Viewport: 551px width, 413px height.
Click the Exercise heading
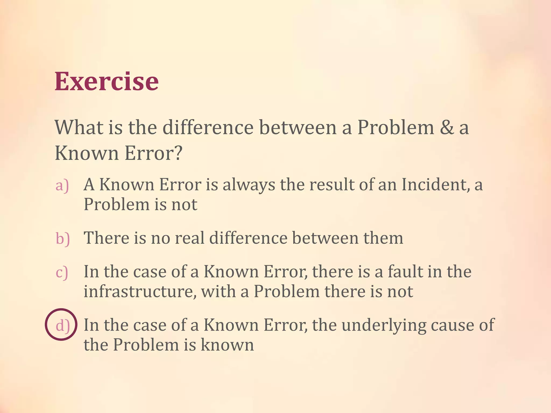click(x=107, y=81)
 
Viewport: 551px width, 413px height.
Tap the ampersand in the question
click(x=447, y=127)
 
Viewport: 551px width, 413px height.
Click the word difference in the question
click(x=208, y=127)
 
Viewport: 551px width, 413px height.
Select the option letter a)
click(x=62, y=186)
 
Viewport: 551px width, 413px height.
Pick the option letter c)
click(x=62, y=272)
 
